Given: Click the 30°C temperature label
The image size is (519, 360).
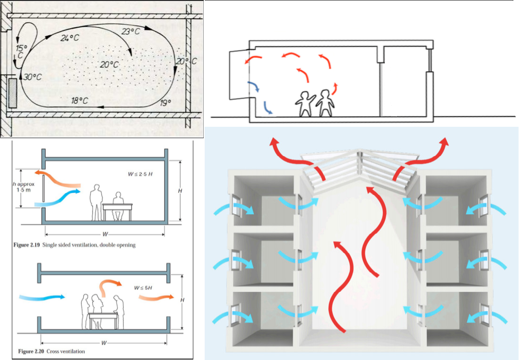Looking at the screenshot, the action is [33, 77].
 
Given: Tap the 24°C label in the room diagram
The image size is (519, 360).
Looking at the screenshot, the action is [70, 38].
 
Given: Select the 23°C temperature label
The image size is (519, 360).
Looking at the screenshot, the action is [131, 32].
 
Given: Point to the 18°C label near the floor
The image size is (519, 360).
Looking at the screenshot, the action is [80, 100].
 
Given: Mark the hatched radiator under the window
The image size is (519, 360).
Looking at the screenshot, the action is [13, 93].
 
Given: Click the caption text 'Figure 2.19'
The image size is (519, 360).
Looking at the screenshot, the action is [26, 245].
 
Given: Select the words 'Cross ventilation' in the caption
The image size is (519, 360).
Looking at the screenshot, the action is [66, 351].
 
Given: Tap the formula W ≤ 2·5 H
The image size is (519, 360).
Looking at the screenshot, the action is [140, 174].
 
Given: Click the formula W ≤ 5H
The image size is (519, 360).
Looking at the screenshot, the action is [143, 288].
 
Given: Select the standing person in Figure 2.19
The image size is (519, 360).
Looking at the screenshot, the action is [96, 202].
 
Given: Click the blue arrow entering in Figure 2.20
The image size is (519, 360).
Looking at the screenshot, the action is [42, 298].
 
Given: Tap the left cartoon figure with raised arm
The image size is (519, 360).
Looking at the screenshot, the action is [304, 104].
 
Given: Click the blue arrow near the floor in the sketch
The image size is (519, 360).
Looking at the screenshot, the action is [268, 108].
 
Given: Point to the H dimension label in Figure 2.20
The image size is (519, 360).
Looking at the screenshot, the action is [182, 300].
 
